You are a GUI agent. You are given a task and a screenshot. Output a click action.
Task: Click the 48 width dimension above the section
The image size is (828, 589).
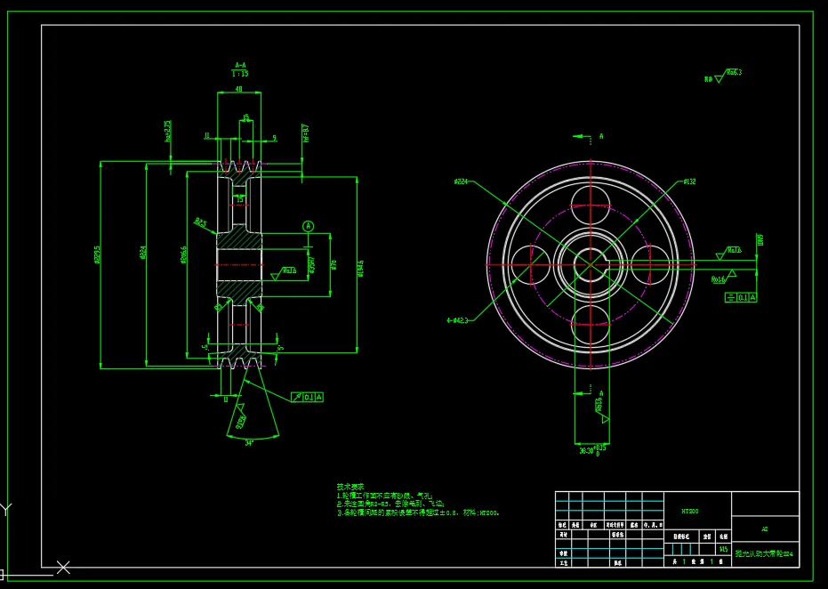point(238,89)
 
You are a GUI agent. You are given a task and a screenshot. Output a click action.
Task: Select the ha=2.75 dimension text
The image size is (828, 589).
point(167,131)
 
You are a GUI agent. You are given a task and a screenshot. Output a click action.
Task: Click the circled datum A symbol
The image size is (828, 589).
point(309,227)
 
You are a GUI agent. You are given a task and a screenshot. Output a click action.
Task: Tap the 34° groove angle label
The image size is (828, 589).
point(249,442)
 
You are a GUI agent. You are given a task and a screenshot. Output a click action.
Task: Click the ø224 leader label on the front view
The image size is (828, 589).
point(461,182)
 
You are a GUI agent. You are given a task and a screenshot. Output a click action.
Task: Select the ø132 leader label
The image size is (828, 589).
point(689,182)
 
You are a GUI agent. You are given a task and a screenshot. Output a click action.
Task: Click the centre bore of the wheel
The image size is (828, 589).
point(589,262)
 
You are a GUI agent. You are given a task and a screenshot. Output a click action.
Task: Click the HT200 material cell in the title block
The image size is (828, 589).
point(690,512)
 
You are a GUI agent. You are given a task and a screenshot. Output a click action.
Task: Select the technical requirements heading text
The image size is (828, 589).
point(350,487)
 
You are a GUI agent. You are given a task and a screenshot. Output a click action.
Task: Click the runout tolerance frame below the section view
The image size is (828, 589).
point(307,396)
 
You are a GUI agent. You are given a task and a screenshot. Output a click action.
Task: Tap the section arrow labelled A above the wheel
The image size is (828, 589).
point(589,136)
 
